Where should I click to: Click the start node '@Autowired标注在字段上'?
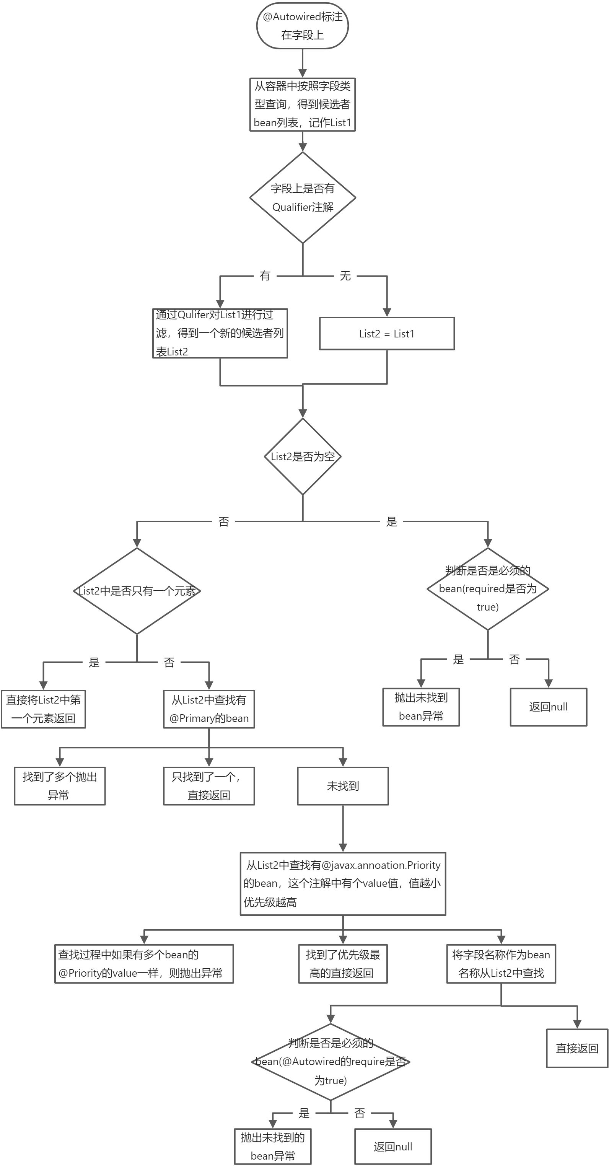[303, 26]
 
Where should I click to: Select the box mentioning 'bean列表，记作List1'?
[303, 105]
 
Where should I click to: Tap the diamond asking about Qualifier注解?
[303, 198]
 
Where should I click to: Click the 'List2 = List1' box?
[387, 334]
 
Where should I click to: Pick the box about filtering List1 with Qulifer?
[220, 334]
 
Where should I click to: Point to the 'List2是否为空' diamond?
[303, 456]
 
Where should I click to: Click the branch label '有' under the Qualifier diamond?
[265, 276]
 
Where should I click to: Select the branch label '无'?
[345, 276]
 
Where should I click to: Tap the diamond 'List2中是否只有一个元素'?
[137, 591]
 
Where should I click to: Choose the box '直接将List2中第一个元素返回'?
[43, 709]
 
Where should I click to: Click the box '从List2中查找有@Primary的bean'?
[209, 709]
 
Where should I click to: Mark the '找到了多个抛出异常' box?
[60, 786]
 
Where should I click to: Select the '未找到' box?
[343, 786]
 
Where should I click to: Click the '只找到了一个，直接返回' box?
[209, 786]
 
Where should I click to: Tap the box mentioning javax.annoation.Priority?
[343, 884]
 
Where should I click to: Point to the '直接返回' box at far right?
[577, 1048]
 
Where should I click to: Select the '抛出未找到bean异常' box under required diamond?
[421, 707]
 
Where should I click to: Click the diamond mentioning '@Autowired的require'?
[331, 1061]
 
